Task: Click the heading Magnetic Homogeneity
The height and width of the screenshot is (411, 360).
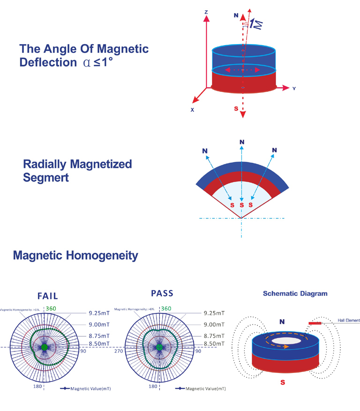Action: tap(75, 256)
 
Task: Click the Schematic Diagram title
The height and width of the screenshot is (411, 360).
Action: tap(295, 294)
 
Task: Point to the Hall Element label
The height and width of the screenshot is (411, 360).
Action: tap(349, 320)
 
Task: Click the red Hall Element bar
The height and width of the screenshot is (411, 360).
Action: tap(315, 323)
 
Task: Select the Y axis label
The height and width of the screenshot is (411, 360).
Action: tap(293, 88)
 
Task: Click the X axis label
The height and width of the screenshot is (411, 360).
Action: tap(192, 110)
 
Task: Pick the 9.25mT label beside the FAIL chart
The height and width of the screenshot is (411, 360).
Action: tap(99, 312)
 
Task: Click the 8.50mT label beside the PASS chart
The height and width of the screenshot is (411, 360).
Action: tap(214, 344)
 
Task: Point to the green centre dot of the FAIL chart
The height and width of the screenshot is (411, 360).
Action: tap(45, 347)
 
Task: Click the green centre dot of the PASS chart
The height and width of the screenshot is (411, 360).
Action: tap(159, 347)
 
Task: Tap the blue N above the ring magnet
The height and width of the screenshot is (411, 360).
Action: tap(283, 322)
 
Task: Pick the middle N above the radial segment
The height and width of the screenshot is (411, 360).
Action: tap(241, 141)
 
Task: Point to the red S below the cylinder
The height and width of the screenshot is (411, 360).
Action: tap(237, 109)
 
